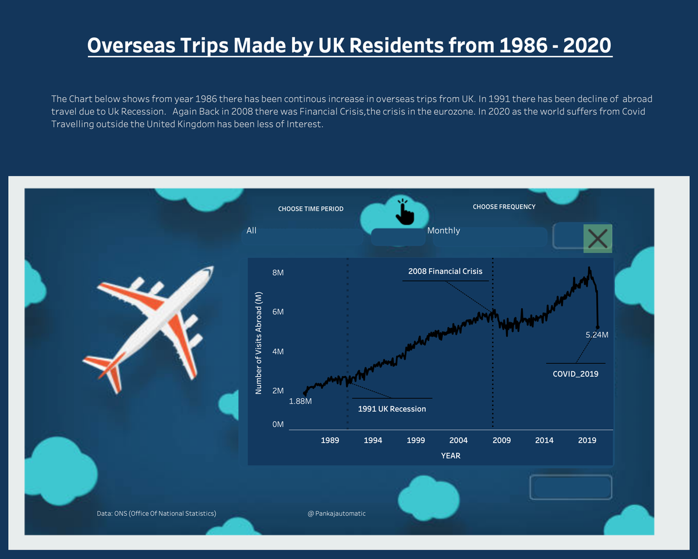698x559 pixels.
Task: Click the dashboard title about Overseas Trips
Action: coord(349,45)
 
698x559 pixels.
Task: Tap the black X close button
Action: coord(598,238)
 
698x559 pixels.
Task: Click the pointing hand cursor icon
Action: coord(404,212)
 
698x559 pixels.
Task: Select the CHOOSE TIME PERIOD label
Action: coord(311,208)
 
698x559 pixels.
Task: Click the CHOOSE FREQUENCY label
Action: coord(504,207)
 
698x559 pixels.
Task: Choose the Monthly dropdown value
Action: coord(443,231)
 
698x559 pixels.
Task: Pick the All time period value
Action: coord(251,231)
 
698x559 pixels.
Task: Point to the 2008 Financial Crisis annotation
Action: coord(445,271)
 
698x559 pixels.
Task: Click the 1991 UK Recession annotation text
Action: coord(391,409)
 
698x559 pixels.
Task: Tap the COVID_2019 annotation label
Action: coord(575,374)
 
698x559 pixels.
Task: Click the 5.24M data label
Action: coord(597,335)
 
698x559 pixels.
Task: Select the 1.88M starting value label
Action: coord(300,401)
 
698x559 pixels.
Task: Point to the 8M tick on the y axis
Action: coord(277,273)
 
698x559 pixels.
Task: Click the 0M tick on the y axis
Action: coord(277,424)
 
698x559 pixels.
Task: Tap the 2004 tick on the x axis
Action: coord(458,440)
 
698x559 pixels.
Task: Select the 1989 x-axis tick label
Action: coord(330,440)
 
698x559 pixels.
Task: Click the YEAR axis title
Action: coord(450,455)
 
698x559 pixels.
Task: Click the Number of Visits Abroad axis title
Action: coord(259,343)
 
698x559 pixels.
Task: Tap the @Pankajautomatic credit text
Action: coord(337,514)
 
